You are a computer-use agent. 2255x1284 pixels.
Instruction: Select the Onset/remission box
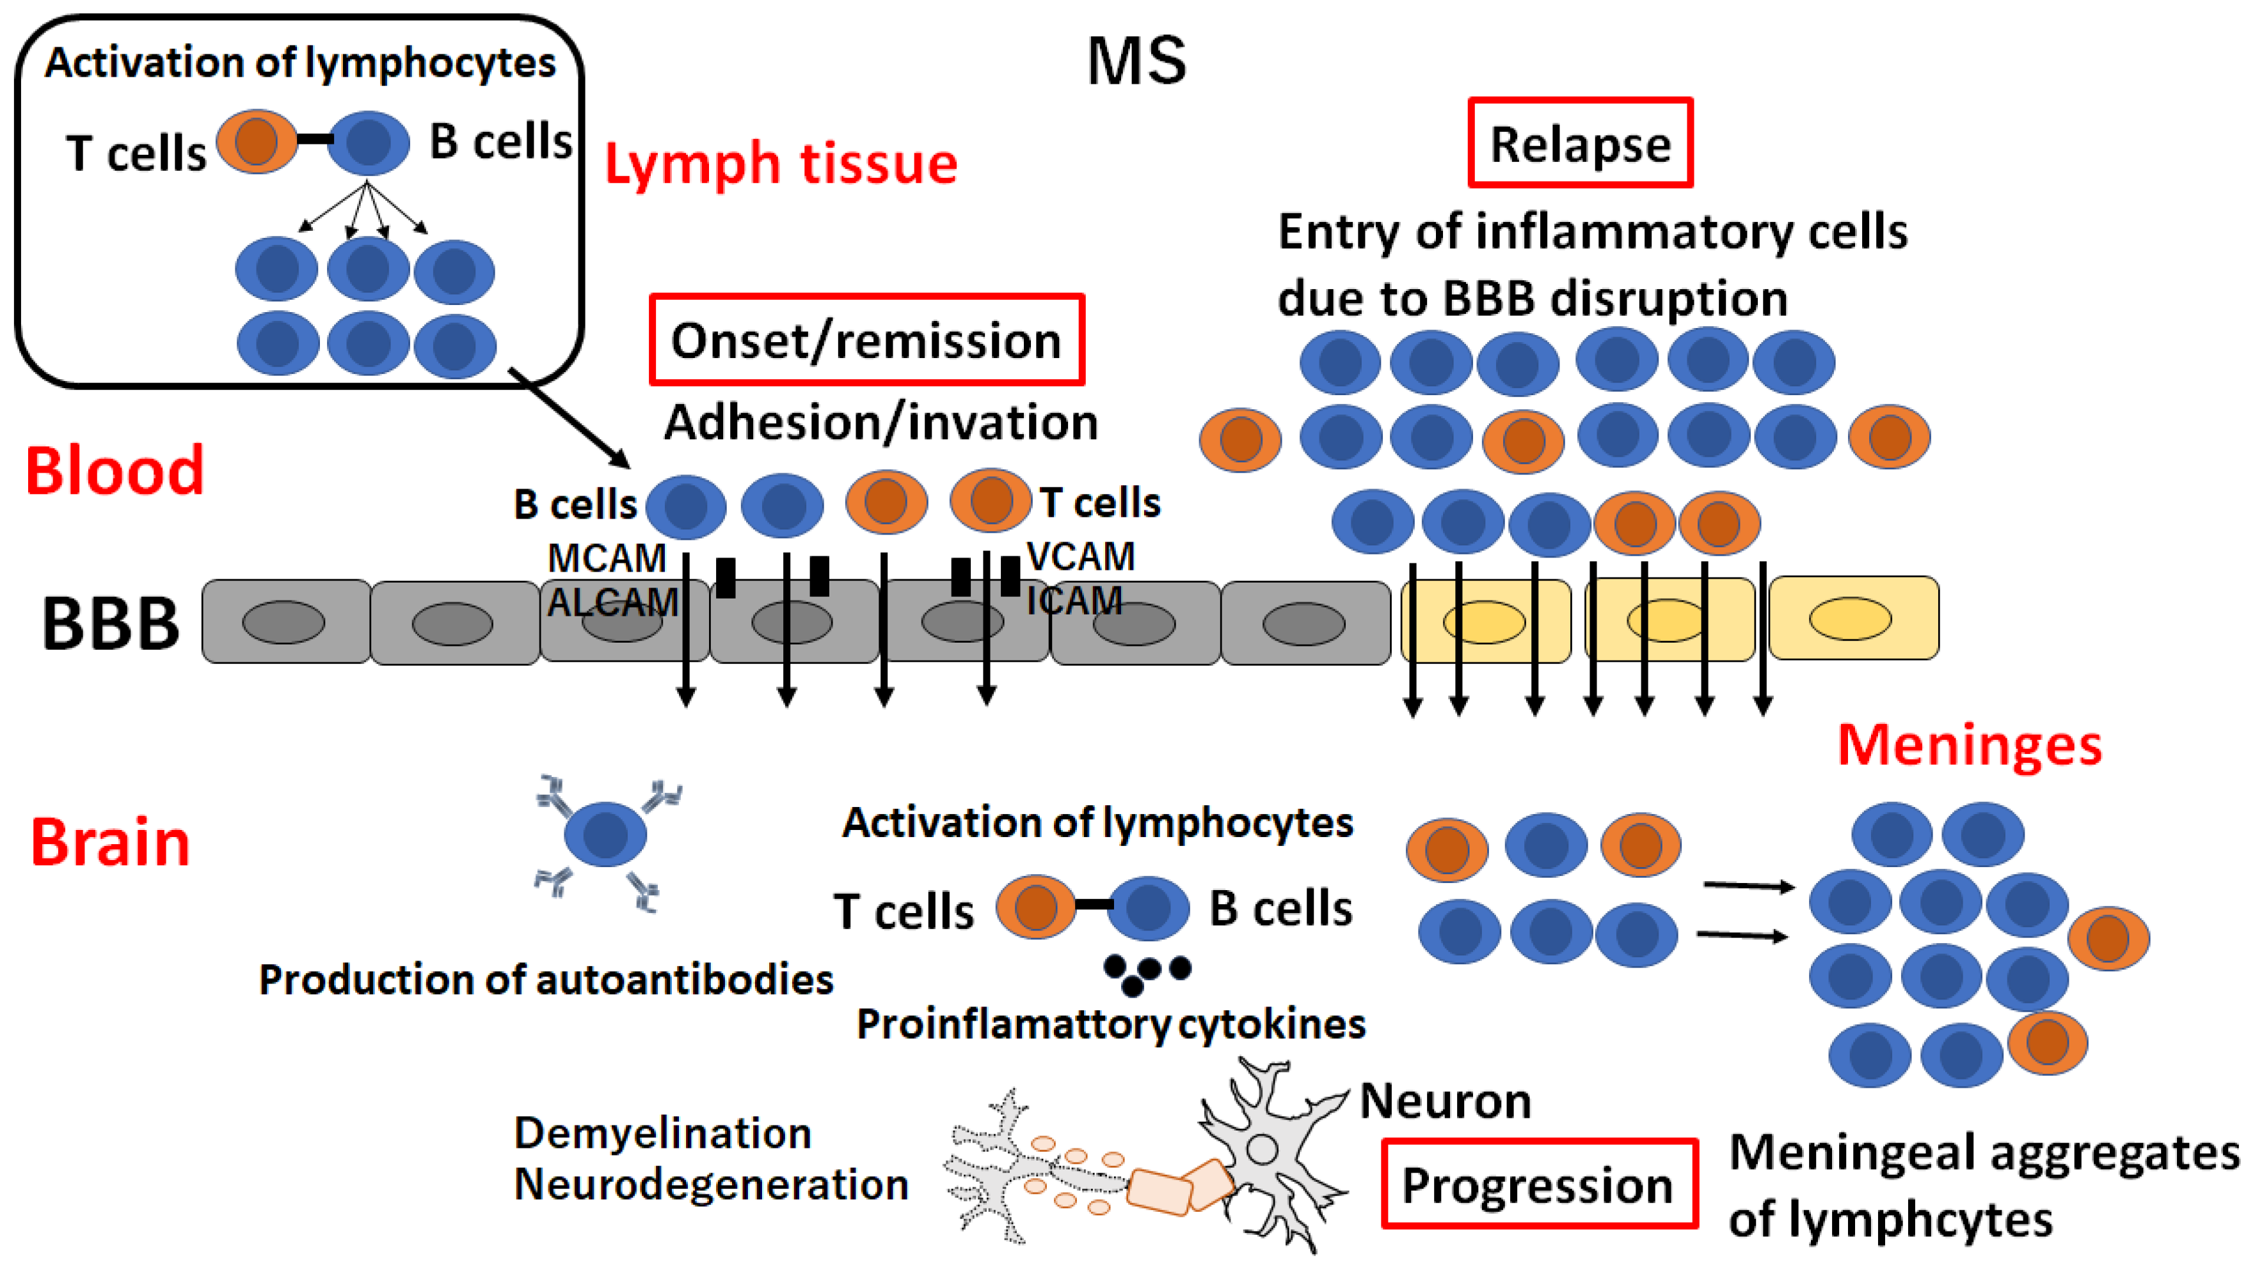(x=866, y=340)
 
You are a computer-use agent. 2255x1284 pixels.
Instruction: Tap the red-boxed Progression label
(x=1538, y=1184)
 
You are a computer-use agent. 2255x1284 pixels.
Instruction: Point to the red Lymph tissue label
(x=780, y=164)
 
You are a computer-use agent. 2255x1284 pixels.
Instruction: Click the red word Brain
(x=110, y=843)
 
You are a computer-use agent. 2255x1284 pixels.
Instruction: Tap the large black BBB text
(x=110, y=624)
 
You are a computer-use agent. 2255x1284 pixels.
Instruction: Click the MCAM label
(x=606, y=558)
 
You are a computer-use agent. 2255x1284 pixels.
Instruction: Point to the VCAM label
(x=1081, y=556)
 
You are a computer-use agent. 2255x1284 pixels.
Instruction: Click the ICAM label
(x=1074, y=600)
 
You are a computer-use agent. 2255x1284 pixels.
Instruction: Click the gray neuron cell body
(x=1262, y=1149)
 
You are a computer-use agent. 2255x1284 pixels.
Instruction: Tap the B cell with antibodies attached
(x=605, y=834)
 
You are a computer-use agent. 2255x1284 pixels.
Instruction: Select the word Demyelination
(x=662, y=1133)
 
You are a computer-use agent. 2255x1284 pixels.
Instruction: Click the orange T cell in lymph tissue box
(x=256, y=141)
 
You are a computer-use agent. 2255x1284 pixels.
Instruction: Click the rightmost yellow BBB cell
(x=1853, y=618)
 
